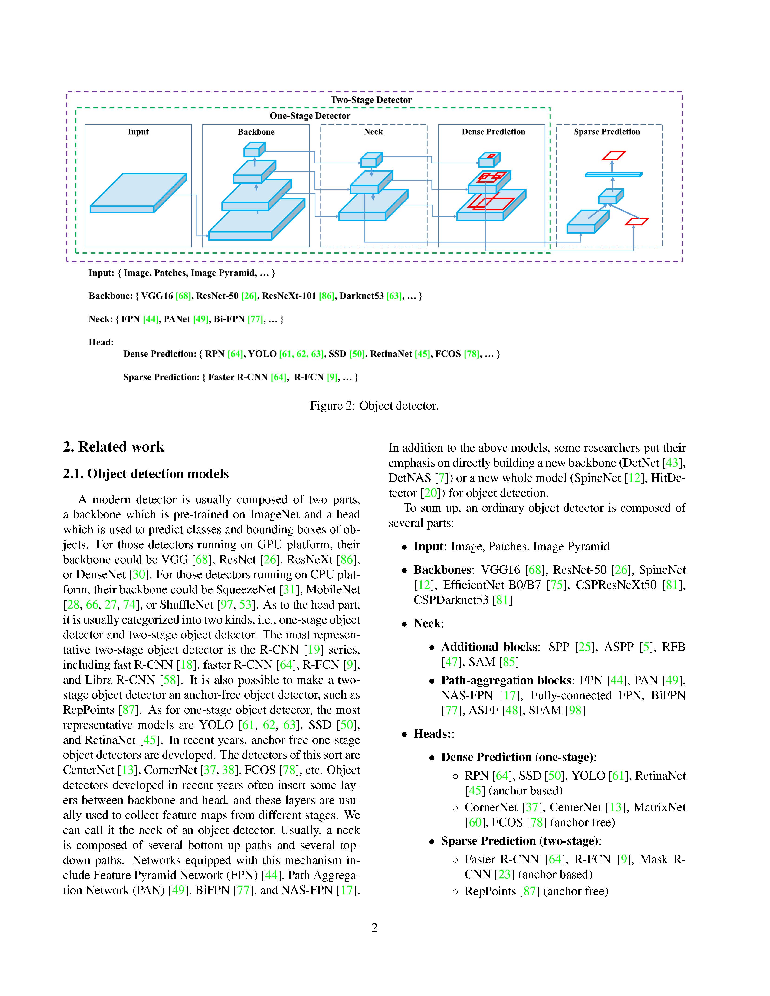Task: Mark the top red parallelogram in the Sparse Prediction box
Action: click(613, 156)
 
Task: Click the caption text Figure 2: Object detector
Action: click(374, 406)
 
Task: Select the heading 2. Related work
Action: click(114, 447)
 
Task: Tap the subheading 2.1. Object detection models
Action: click(146, 474)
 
